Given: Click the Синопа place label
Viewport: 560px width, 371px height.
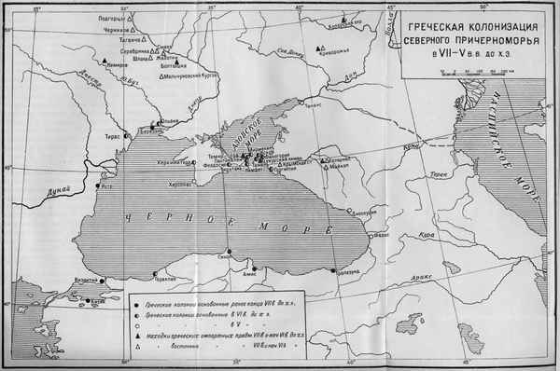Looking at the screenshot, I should pos(223,251).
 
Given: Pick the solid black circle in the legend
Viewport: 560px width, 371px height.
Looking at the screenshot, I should pos(137,305).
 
